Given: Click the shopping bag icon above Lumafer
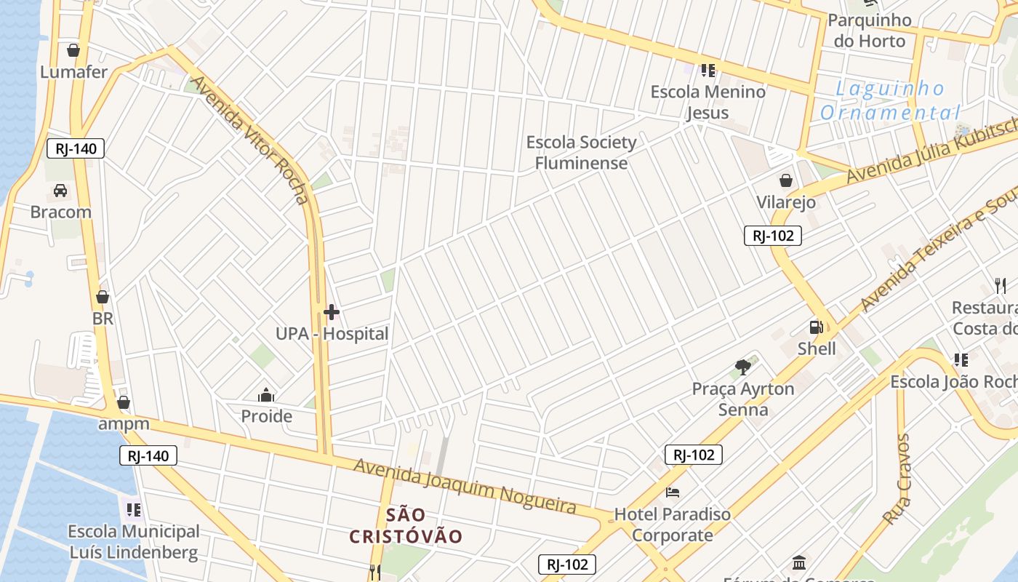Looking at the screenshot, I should pos(73,50).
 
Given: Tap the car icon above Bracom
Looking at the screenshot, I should pos(60,191).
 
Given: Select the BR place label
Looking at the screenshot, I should pos(103,319).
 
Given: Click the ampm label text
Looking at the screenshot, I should pos(124,423).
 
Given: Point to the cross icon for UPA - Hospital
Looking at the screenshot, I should pos(332,313).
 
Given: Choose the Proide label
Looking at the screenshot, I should pos(267,416).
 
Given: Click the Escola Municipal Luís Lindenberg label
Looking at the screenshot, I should pos(134,542).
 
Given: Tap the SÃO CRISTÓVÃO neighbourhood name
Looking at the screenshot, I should pos(406,526).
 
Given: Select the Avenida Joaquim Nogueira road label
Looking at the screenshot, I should pos(465,485).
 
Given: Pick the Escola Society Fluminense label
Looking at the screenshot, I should pos(581,152).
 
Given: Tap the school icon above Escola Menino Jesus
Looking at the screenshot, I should pos(708,71).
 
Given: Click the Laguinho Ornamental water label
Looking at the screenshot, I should pos(890,101).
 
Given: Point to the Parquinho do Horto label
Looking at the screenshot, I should pos(870,31).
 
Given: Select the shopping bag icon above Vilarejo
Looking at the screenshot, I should pos(786,180).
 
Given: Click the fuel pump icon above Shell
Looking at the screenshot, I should pos(817,327).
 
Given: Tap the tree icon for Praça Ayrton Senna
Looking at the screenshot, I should pos(742,367).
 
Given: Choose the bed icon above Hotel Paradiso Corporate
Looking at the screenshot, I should pos(673,493).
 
